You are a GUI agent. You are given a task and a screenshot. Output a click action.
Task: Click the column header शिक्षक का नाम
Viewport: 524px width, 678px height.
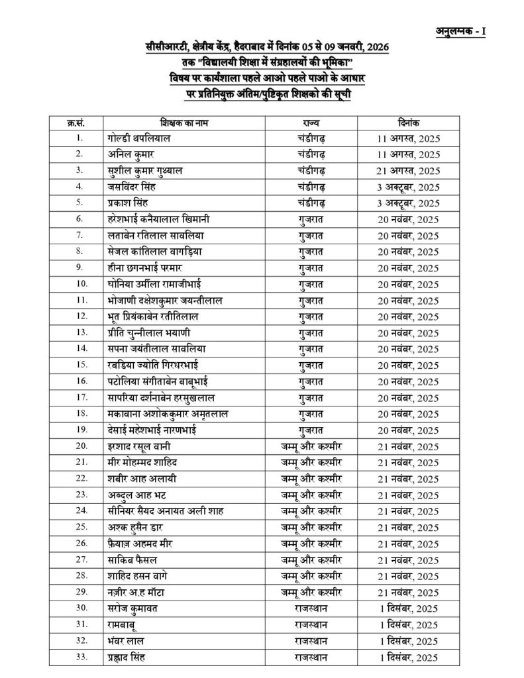tap(185, 123)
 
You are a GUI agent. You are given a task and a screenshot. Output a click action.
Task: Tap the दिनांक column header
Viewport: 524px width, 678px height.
tap(405, 123)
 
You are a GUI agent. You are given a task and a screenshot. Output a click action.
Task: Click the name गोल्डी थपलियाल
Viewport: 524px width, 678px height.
tap(138, 138)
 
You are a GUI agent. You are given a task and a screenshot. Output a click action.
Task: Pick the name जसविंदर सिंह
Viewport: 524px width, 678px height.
tap(134, 186)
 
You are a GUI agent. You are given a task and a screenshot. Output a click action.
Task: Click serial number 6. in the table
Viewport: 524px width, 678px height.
tap(79, 218)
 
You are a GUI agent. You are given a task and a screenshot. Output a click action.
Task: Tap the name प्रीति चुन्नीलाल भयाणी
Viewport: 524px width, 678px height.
tap(148, 332)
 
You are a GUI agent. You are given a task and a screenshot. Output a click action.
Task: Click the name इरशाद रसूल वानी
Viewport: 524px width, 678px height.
tap(141, 446)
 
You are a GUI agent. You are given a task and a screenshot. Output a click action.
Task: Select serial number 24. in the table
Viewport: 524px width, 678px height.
tap(81, 510)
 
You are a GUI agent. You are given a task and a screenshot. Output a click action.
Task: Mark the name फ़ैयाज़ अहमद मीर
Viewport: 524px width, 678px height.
tap(141, 543)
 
